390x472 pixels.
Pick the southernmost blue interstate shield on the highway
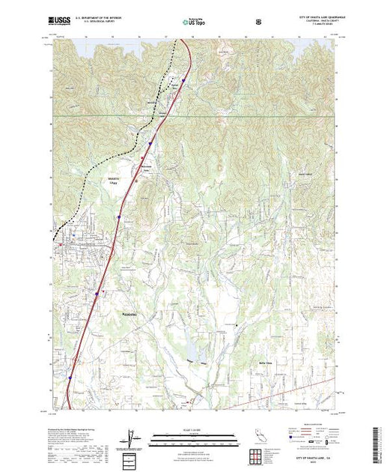click(x=69, y=378)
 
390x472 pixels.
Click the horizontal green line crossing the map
click(x=225, y=117)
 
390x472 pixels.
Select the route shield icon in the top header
click(x=258, y=21)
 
